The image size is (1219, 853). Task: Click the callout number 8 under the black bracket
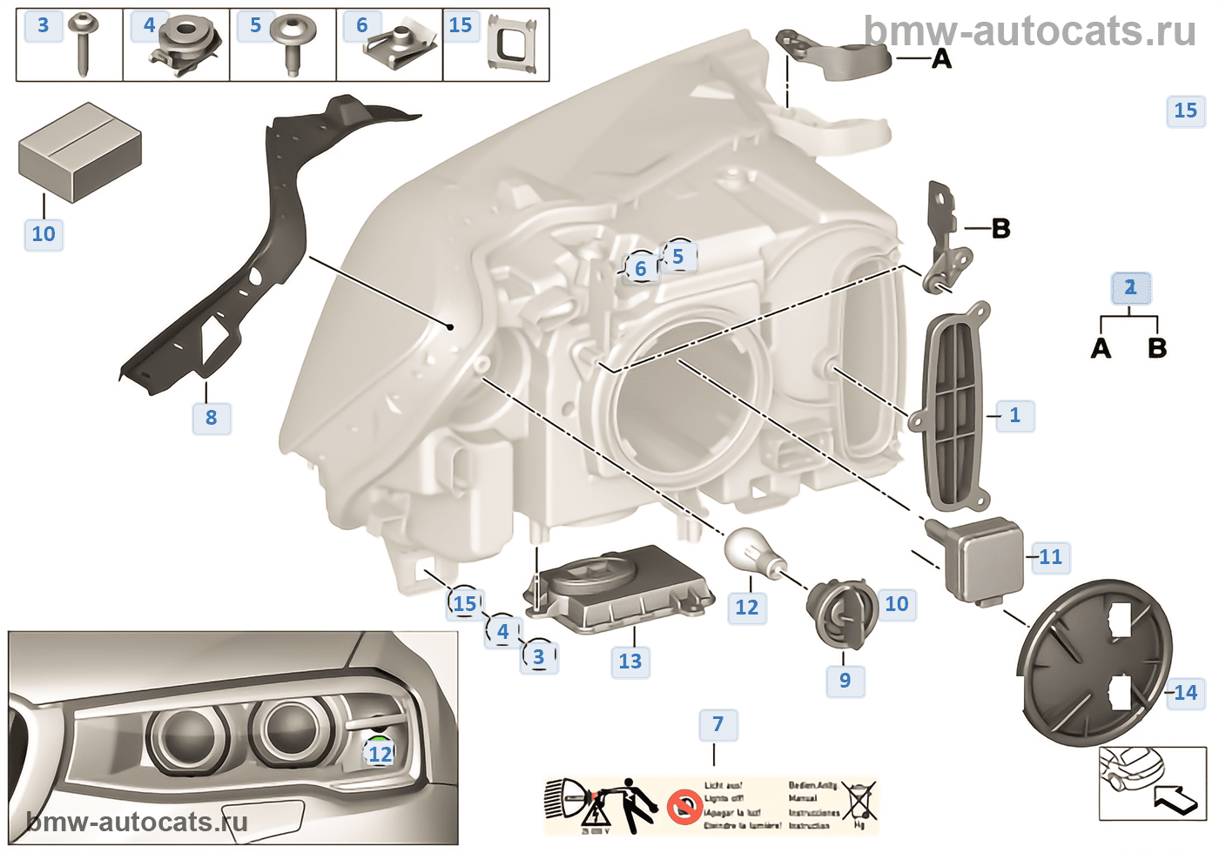click(x=211, y=418)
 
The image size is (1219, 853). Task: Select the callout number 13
click(x=630, y=662)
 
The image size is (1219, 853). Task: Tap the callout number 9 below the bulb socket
click(x=845, y=681)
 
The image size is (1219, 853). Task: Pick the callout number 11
click(x=1051, y=557)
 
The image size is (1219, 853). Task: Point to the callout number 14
click(x=1185, y=693)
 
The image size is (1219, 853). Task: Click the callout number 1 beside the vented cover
click(x=1014, y=415)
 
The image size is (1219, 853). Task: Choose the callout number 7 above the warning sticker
click(x=718, y=724)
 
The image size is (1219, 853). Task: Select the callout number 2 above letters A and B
click(x=1130, y=287)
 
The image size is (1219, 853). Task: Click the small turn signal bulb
click(x=754, y=551)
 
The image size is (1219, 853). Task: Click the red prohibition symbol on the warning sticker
click(x=684, y=807)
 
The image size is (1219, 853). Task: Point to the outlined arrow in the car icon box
click(x=1175, y=796)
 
